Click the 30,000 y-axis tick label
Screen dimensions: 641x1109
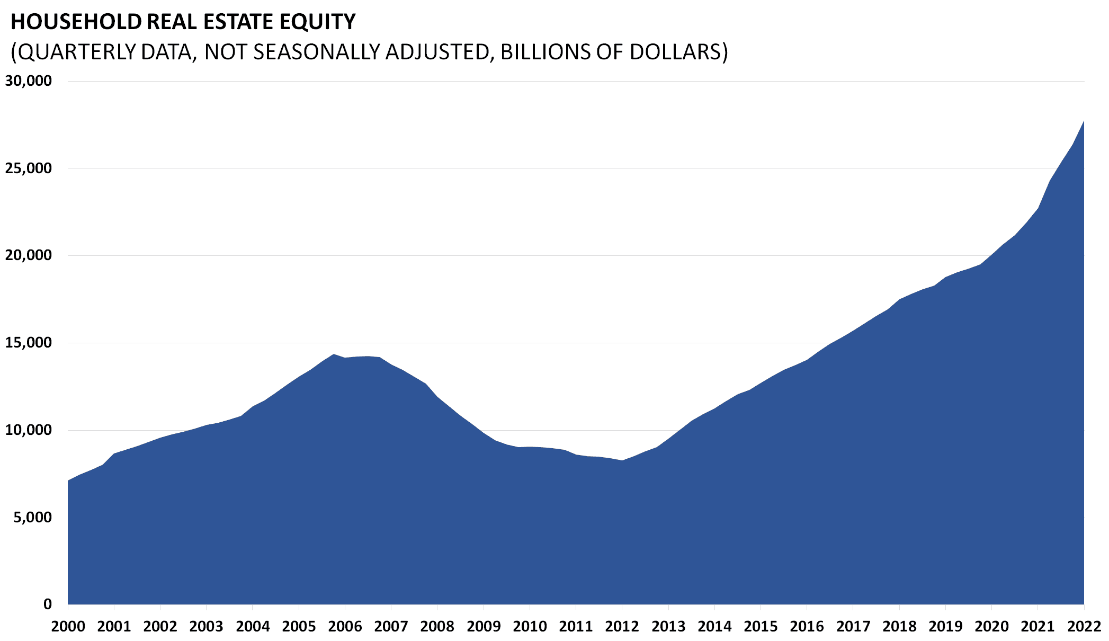[x=29, y=81]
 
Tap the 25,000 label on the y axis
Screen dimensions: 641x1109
[x=29, y=168]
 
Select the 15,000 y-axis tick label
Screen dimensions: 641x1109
[x=29, y=343]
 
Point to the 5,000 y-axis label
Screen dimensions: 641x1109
[x=33, y=517]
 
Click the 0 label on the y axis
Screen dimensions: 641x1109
[x=48, y=604]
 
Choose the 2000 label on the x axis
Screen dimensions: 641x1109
[x=68, y=627]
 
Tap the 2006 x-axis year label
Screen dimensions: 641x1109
[x=345, y=627]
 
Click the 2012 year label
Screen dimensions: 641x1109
[x=622, y=627]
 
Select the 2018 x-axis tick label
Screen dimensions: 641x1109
[x=899, y=627]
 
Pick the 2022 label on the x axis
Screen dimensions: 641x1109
[x=1084, y=627]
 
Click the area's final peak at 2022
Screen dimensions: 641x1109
[x=1084, y=121]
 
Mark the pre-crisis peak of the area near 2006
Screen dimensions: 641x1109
[x=334, y=354]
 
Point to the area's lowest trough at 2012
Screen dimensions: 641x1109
[x=622, y=460]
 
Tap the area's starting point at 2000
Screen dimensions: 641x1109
[x=68, y=480]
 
